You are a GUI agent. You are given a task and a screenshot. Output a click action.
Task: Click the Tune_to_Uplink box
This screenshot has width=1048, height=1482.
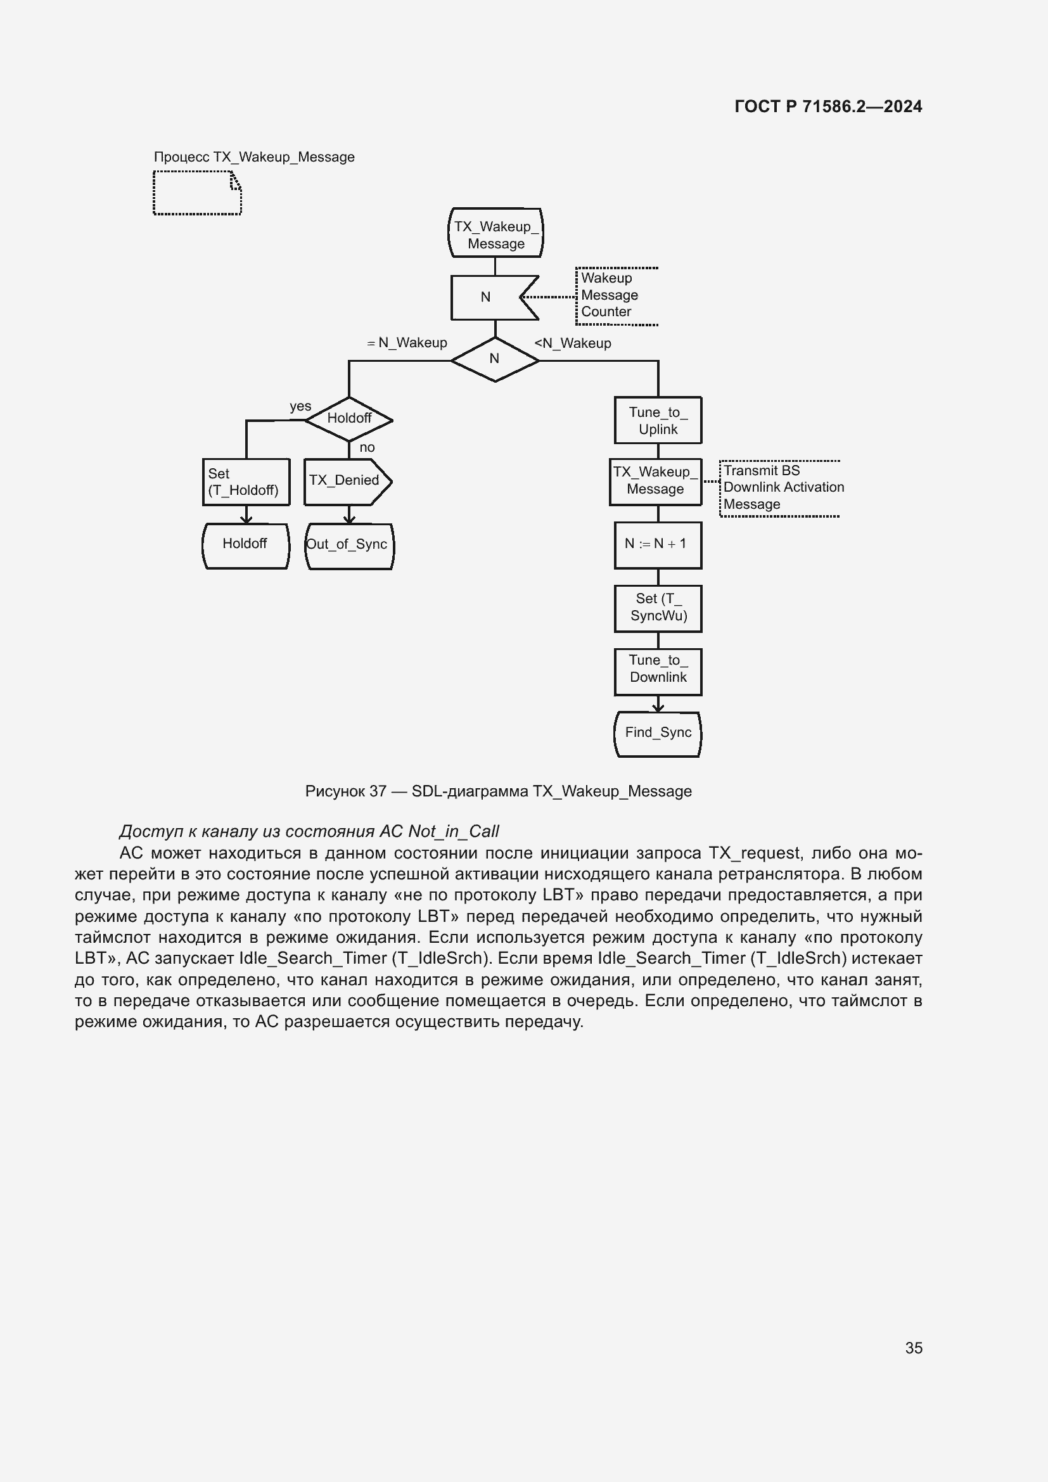pyautogui.click(x=658, y=420)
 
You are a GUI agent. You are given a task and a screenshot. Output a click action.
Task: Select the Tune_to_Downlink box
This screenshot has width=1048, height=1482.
pyautogui.click(x=658, y=672)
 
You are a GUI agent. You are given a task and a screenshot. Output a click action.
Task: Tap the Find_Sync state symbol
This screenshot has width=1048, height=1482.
pyautogui.click(x=658, y=733)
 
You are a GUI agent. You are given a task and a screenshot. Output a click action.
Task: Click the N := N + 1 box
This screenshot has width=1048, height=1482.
pyautogui.click(x=658, y=545)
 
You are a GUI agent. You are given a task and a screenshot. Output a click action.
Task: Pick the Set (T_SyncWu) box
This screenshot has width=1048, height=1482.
pyautogui.click(x=658, y=608)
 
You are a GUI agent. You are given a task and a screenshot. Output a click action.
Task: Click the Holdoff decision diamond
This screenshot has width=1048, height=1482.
pyautogui.click(x=348, y=419)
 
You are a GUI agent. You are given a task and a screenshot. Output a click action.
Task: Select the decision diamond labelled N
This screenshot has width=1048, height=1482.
pyautogui.click(x=495, y=359)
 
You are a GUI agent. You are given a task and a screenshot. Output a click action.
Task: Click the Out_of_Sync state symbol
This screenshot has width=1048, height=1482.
pyautogui.click(x=348, y=546)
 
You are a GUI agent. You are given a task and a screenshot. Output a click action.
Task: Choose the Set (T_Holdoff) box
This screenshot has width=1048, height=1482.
pyautogui.click(x=246, y=482)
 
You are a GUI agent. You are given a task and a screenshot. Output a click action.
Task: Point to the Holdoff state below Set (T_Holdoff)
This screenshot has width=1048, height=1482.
pyautogui.click(x=246, y=545)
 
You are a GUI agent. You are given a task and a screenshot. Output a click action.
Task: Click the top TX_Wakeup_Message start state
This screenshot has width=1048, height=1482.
pyautogui.click(x=495, y=234)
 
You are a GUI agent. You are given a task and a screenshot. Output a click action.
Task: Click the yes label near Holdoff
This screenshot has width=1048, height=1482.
pyautogui.click(x=300, y=407)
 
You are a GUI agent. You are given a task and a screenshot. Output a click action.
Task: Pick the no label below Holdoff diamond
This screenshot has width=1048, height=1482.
pyautogui.click(x=366, y=447)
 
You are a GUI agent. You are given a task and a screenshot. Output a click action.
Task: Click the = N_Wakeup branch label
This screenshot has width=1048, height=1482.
pyautogui.click(x=407, y=343)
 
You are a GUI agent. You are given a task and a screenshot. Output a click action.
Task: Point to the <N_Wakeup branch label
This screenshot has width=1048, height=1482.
pyautogui.click(x=573, y=343)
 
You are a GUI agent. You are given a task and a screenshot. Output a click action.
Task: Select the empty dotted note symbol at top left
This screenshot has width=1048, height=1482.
pyautogui.click(x=197, y=193)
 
